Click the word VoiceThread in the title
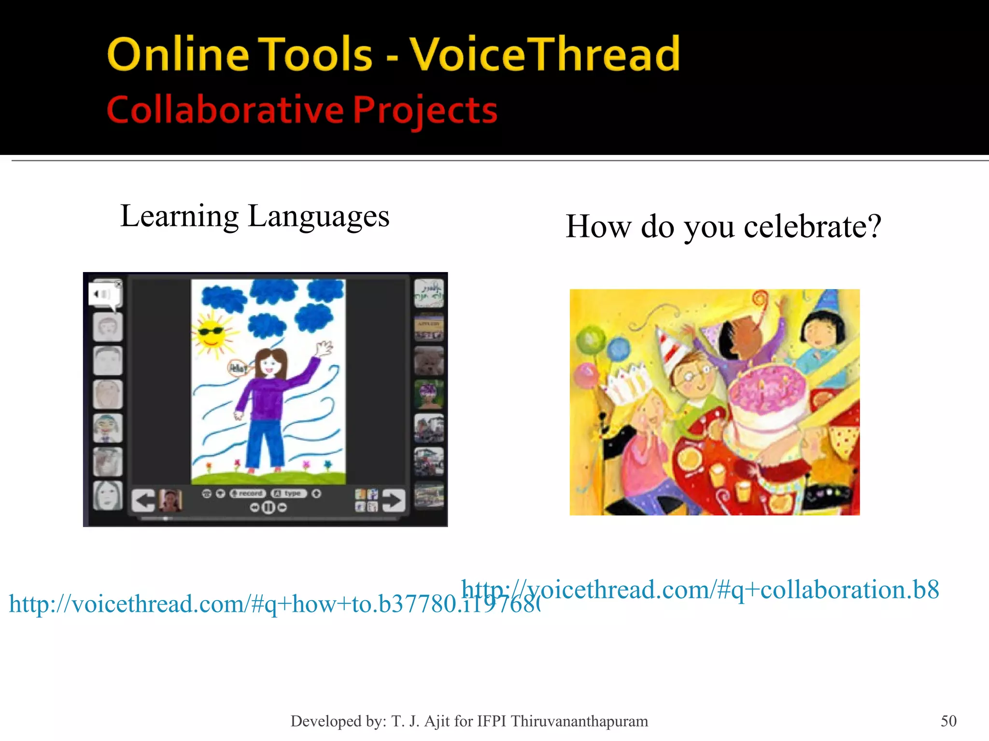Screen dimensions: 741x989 pyautogui.click(x=545, y=54)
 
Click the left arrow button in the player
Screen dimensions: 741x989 pyautogui.click(x=143, y=500)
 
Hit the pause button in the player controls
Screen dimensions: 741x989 pyautogui.click(x=268, y=508)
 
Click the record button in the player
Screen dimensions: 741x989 pyautogui.click(x=248, y=494)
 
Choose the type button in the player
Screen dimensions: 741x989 pyautogui.click(x=289, y=494)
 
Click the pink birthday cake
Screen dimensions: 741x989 pyautogui.click(x=768, y=400)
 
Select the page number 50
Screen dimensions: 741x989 pyautogui.click(x=948, y=721)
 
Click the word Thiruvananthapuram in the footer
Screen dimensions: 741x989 pyautogui.click(x=579, y=721)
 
